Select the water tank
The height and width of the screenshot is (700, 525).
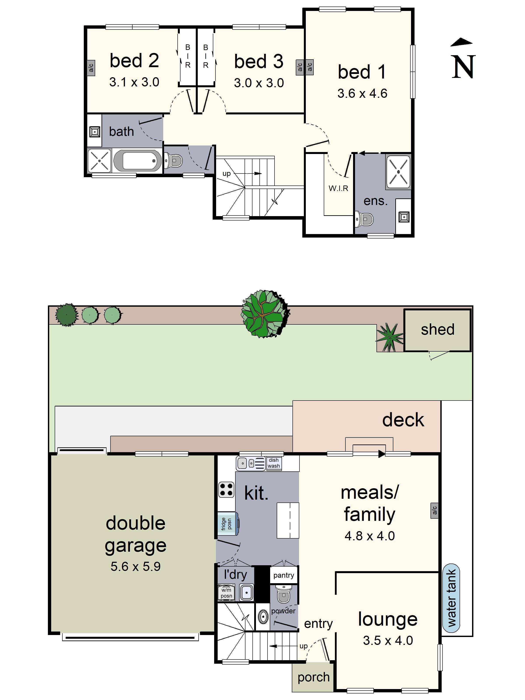451,598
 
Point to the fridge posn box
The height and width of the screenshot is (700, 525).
227,524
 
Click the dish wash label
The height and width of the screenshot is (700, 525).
274,463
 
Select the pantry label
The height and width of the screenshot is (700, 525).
283,575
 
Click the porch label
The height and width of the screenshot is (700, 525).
313,677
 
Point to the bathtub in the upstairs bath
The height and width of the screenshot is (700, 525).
137,161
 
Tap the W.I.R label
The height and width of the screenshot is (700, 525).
338,188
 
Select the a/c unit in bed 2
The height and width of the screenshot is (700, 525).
91,68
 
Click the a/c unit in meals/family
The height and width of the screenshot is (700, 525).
434,511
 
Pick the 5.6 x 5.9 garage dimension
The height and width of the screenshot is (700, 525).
135,567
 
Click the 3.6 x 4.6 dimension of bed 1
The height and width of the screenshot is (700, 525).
362,93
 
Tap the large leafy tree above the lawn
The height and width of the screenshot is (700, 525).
264,313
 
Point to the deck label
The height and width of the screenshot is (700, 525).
403,420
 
